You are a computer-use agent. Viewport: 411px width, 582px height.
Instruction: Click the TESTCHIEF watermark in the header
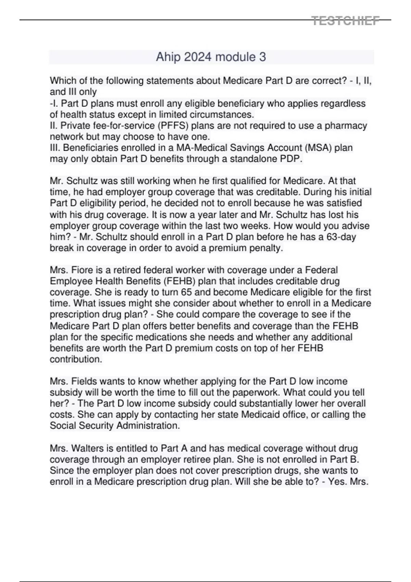(x=346, y=21)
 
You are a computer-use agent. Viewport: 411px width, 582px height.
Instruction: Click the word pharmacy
(x=346, y=126)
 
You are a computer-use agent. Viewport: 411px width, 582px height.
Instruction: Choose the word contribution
(x=76, y=359)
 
